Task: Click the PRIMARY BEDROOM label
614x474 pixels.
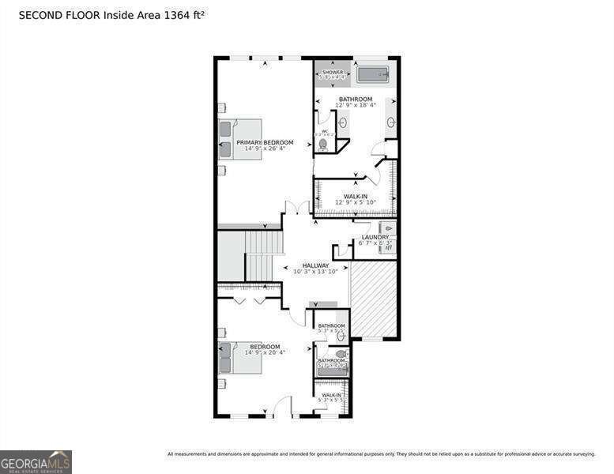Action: click(x=265, y=142)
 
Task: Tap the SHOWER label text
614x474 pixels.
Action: click(x=333, y=72)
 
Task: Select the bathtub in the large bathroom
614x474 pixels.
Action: click(x=373, y=75)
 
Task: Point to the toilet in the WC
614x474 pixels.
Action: click(x=323, y=144)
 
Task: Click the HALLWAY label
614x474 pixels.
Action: click(x=315, y=265)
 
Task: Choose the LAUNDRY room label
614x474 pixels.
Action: click(x=375, y=237)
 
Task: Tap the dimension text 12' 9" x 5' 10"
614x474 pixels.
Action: click(x=355, y=202)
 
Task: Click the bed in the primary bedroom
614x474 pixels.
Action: click(x=240, y=139)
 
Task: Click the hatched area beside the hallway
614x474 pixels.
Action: click(x=373, y=299)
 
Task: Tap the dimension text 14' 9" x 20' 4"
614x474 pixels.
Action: click(x=265, y=352)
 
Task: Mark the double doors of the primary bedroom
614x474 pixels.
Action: click(x=297, y=207)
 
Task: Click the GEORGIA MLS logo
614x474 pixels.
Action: click(x=36, y=461)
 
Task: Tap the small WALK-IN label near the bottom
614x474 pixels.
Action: click(x=331, y=395)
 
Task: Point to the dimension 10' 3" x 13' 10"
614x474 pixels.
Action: click(x=315, y=272)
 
